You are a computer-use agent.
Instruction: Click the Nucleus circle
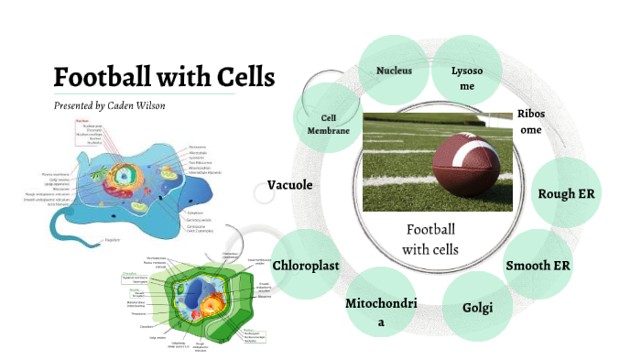click(394, 71)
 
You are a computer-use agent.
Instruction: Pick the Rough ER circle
click(568, 193)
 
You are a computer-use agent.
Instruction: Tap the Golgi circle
click(477, 306)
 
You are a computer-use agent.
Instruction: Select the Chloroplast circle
click(307, 266)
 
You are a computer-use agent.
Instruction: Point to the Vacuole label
click(289, 185)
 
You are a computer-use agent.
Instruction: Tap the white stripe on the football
click(474, 145)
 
